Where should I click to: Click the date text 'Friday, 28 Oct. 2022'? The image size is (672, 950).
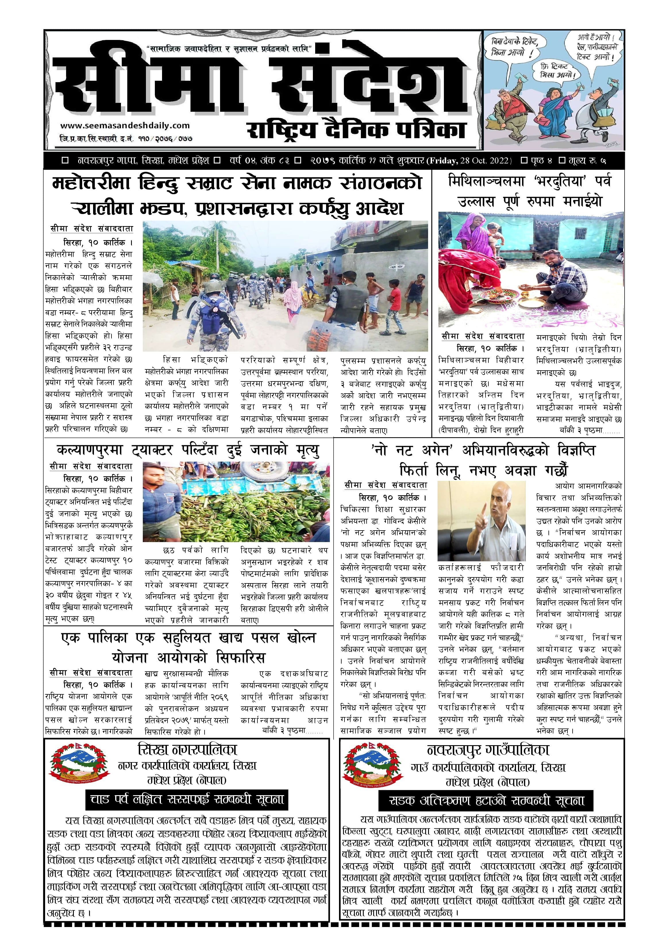click(x=470, y=161)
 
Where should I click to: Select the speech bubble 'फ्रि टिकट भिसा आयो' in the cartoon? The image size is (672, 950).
click(x=557, y=72)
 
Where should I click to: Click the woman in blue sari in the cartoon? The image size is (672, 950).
click(x=557, y=108)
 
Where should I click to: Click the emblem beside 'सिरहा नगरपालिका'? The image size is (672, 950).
click(x=80, y=768)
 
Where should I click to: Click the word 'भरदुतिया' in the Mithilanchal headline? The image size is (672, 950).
click(x=561, y=181)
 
